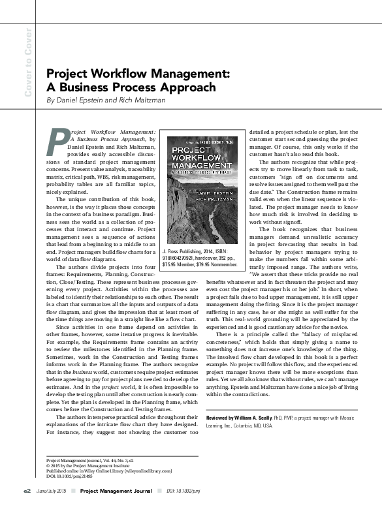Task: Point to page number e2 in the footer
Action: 27,490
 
